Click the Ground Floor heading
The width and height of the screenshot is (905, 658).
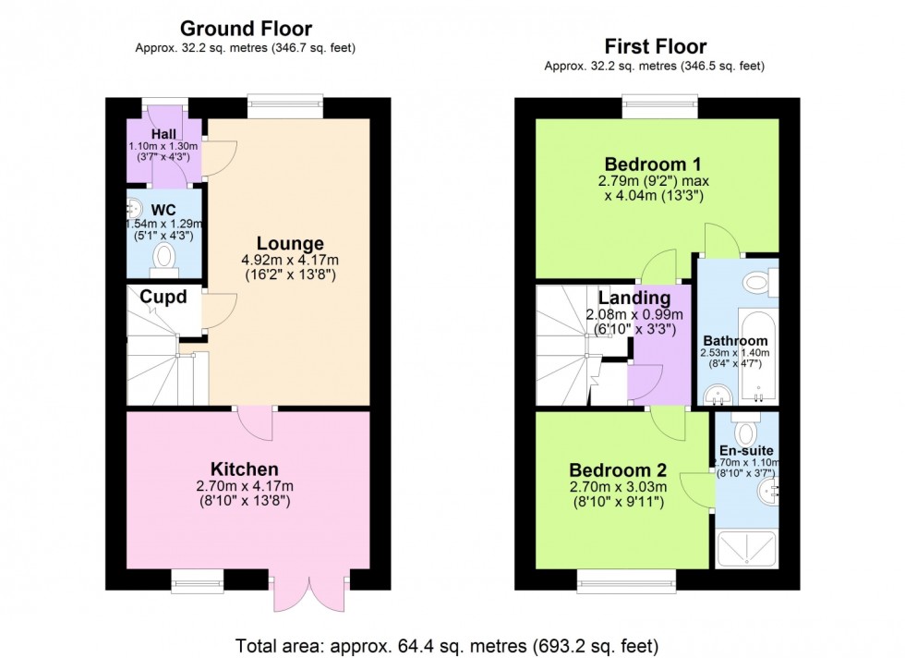tap(245, 29)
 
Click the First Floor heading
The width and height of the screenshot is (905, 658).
tap(655, 46)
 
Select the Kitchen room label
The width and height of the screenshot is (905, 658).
tap(244, 469)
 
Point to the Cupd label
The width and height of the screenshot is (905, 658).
tap(163, 298)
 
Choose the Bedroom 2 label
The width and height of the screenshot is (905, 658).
tap(616, 469)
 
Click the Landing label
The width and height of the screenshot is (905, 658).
tap(633, 299)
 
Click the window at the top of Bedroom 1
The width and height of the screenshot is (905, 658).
tap(659, 102)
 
